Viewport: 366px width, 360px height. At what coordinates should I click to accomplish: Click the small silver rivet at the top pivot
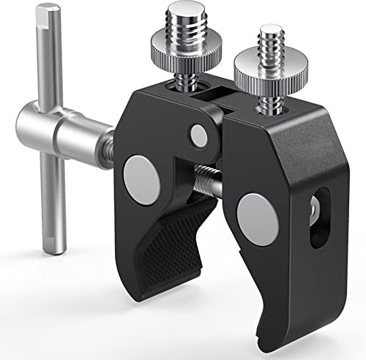tap(197, 135)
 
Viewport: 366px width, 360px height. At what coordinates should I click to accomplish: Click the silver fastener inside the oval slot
tap(314, 212)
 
